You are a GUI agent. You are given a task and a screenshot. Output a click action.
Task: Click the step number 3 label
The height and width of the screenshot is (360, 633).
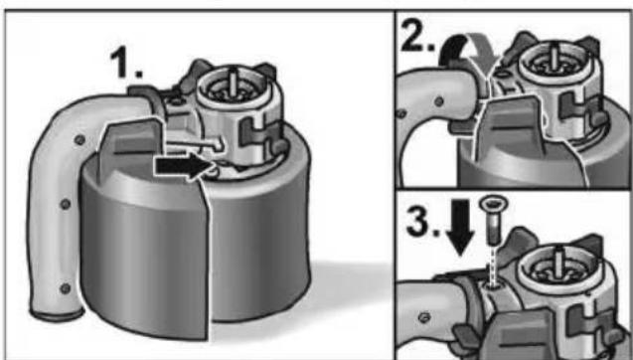pos(423,221)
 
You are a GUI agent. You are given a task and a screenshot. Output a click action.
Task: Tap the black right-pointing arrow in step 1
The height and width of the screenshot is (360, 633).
pos(184,166)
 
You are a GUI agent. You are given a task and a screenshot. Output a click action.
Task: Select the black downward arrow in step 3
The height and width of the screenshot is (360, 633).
pos(461,228)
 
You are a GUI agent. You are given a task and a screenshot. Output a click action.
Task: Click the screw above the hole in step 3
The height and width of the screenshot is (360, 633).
pos(493,220)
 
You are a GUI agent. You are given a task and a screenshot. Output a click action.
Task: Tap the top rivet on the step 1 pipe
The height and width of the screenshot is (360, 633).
pos(79,140)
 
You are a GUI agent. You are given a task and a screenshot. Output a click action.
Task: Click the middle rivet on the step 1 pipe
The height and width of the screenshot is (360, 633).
pos(66,204)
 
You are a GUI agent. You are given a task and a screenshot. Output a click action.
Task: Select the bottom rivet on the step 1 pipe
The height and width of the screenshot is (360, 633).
pos(65,288)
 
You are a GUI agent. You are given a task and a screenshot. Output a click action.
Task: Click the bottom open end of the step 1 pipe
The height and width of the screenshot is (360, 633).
pos(57,314)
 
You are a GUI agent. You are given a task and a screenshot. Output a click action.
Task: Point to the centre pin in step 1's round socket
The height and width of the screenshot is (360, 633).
pos(234,80)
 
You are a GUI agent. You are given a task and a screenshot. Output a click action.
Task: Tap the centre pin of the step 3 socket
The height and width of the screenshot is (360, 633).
pos(558,263)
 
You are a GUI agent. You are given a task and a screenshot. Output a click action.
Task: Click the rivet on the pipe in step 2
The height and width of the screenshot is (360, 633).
pos(439,101)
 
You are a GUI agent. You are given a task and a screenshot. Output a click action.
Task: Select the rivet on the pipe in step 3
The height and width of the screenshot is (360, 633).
pos(423,317)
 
